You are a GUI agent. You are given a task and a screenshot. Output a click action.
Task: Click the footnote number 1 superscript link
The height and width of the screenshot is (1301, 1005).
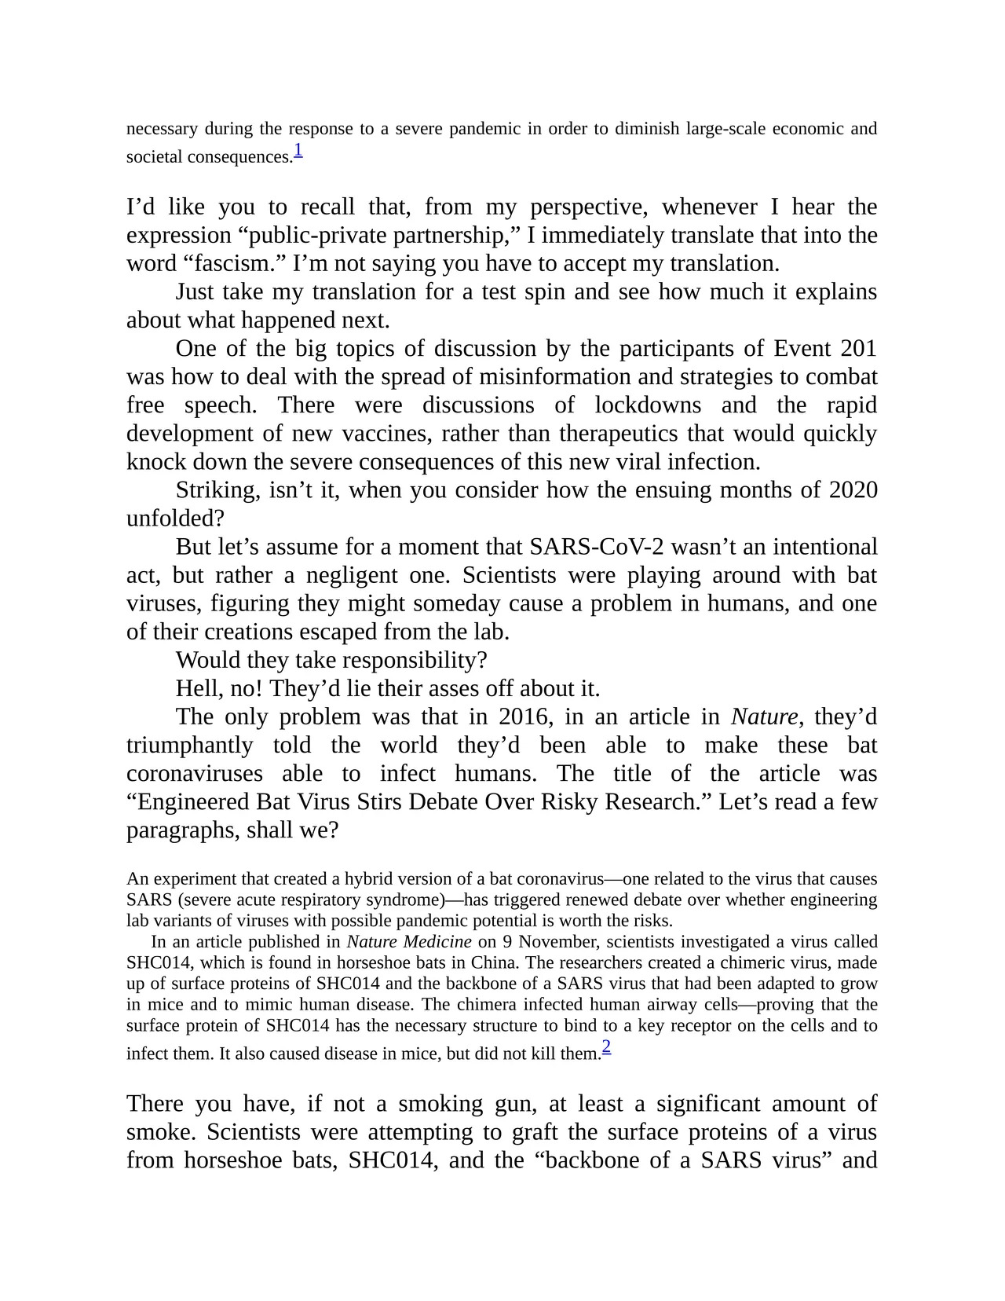coord(298,149)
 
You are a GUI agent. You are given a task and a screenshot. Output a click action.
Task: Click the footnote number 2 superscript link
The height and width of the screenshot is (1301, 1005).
coord(606,1046)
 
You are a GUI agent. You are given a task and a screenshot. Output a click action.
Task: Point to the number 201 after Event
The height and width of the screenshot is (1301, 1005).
coord(858,348)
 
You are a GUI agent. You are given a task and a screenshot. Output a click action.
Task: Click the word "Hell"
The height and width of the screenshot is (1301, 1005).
coord(200,688)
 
